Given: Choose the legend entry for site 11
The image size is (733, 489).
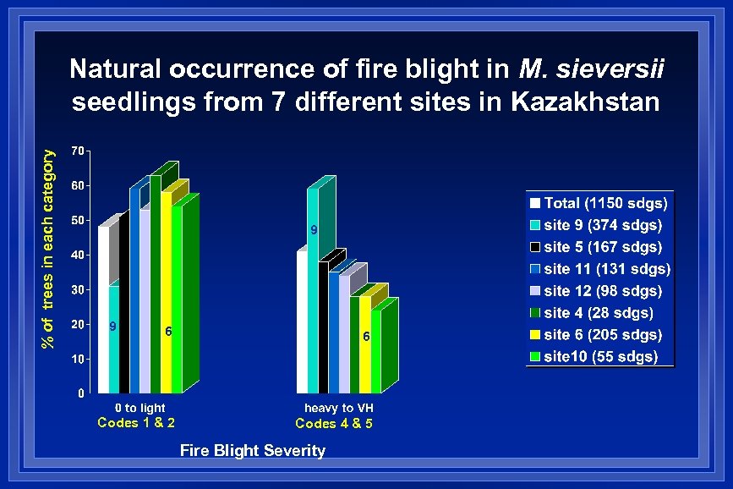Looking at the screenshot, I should point(606,269).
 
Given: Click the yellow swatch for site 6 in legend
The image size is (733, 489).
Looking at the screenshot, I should point(535,335).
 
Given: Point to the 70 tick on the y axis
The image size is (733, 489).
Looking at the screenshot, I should point(76,151).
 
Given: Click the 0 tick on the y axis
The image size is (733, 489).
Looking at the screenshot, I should point(79,393).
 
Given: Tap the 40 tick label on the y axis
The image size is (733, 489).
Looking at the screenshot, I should point(76,255).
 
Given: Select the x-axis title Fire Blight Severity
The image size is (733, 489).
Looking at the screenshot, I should point(252,450).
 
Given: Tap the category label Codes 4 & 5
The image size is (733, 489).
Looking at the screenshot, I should point(334,423).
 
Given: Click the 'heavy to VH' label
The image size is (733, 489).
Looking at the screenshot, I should point(339,408).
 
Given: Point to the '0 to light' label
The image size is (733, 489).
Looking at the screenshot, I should point(140,408).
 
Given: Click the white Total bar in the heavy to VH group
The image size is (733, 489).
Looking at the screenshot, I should point(302,321).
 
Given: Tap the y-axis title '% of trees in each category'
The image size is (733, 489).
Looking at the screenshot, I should point(51,249).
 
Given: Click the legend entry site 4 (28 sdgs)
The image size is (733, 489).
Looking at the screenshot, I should point(599,313).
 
